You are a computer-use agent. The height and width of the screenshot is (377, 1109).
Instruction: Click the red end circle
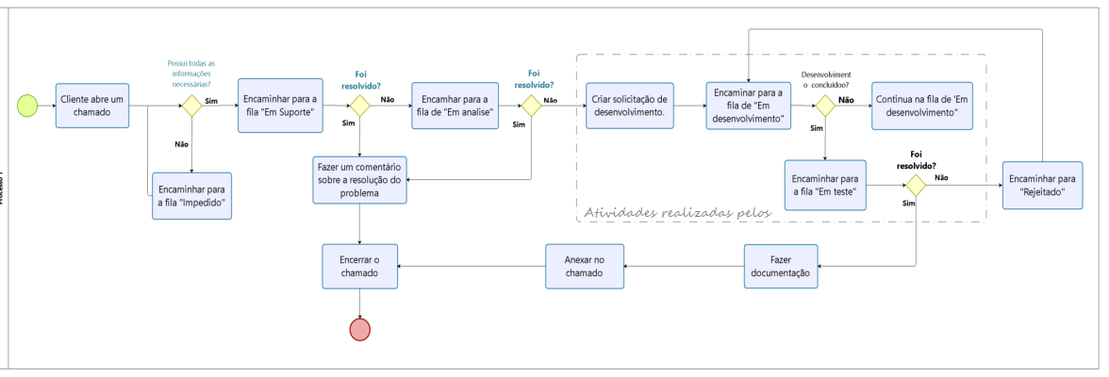(x=360, y=328)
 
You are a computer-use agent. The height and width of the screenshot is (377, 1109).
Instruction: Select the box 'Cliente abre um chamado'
(x=91, y=106)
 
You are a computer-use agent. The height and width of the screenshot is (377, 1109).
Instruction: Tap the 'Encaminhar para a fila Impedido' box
(x=192, y=195)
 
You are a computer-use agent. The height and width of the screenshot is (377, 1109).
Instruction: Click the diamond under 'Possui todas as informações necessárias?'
(x=192, y=106)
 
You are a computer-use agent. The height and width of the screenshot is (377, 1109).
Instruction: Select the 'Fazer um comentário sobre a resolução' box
(x=360, y=178)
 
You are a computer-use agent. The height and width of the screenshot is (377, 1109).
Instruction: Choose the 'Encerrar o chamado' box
(x=360, y=267)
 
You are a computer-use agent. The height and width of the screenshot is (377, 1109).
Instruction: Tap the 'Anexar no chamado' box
(x=584, y=267)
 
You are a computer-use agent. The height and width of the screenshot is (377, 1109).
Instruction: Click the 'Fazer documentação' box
(x=780, y=267)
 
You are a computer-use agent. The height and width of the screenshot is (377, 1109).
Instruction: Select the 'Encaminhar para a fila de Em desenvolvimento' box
(x=749, y=104)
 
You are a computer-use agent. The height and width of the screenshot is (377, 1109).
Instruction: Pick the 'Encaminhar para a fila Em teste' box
(x=825, y=184)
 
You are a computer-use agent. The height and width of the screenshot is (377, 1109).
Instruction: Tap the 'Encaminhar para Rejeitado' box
(x=1041, y=184)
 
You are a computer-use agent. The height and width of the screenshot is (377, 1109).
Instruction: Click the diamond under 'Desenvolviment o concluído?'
(x=825, y=106)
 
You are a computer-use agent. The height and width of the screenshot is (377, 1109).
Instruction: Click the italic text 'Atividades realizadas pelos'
(x=677, y=212)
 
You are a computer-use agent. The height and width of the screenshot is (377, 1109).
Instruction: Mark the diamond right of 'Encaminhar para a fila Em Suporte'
(x=360, y=106)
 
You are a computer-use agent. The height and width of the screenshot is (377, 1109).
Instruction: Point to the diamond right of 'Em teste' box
(x=915, y=185)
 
